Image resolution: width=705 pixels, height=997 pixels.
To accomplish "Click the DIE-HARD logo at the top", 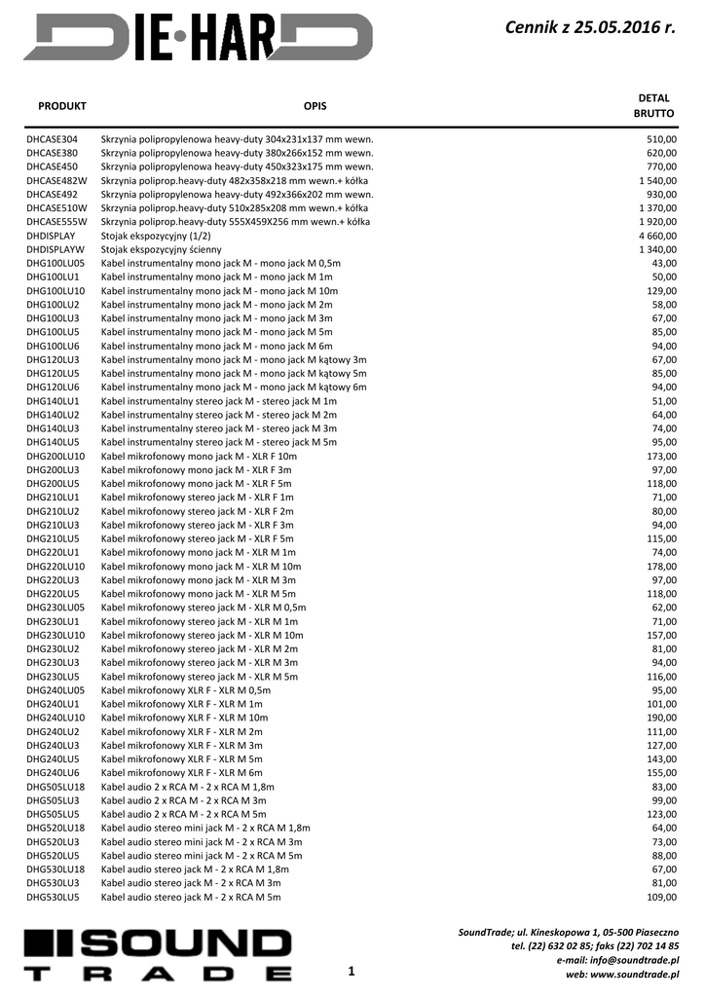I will pyautogui.click(x=198, y=36).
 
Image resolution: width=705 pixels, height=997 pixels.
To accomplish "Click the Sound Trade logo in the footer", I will pyautogui.click(x=158, y=954).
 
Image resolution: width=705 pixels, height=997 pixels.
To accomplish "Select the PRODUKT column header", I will pyautogui.click(x=62, y=105).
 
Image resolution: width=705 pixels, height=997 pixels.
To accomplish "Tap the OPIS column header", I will pyautogui.click(x=315, y=105).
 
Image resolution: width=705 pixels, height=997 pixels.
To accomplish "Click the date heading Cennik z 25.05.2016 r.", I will pyautogui.click(x=591, y=29).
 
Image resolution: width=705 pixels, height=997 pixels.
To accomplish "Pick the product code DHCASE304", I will pyautogui.click(x=53, y=139).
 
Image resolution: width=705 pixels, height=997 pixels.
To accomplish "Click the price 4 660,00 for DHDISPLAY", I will pyautogui.click(x=657, y=236).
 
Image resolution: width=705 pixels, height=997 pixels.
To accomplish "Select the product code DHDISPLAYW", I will pyautogui.click(x=56, y=249).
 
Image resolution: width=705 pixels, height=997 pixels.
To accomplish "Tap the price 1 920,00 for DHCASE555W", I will pyautogui.click(x=657, y=222).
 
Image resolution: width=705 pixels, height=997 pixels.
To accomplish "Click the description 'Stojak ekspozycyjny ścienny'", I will pyautogui.click(x=161, y=249).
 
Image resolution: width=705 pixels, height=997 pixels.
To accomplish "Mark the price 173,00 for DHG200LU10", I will pyautogui.click(x=661, y=456).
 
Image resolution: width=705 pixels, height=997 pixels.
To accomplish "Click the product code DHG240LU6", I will pyautogui.click(x=53, y=772).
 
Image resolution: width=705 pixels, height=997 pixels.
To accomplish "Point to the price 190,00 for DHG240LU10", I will pyautogui.click(x=661, y=718).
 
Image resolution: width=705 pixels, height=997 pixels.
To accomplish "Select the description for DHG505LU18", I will pyautogui.click(x=188, y=786).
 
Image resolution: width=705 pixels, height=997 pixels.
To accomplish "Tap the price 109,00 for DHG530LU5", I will pyautogui.click(x=661, y=897).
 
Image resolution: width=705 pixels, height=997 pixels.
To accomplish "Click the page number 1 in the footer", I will pyautogui.click(x=352, y=971).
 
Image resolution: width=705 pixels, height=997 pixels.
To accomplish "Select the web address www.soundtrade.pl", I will pyautogui.click(x=634, y=974).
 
